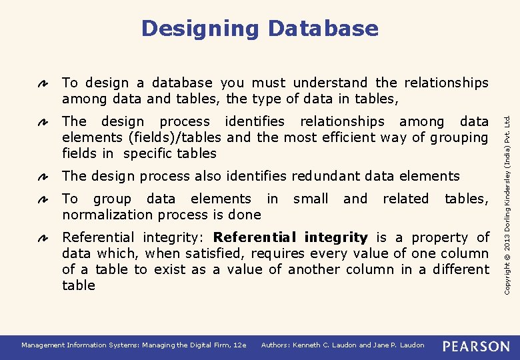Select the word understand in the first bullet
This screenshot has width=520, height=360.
330,83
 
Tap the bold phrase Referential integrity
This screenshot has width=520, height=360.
290,238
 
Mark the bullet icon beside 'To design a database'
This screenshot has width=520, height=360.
41,84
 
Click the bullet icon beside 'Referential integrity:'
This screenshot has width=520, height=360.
41,239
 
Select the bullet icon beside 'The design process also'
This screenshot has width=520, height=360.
41,177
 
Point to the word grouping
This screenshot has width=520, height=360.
460,138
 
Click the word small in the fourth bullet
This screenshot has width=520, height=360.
311,199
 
